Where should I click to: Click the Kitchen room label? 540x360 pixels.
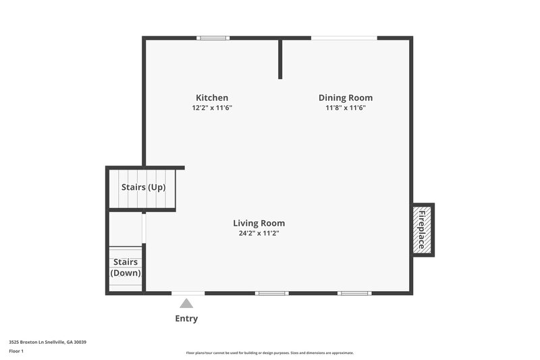212,97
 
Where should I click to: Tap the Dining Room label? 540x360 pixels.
346,97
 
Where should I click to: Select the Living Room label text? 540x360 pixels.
259,223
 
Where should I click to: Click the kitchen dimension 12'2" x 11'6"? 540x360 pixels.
212,107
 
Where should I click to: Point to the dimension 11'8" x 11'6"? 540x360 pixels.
346,107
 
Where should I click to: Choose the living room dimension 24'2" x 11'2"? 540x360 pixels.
259,233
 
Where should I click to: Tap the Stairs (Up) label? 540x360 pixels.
143,187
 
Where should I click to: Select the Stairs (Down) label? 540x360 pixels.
126,267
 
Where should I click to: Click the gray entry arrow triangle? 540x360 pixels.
186,304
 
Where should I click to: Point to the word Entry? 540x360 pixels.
186,318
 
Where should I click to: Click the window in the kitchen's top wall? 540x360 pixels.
213,38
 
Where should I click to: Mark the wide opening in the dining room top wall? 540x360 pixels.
344,38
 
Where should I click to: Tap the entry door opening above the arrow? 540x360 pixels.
188,293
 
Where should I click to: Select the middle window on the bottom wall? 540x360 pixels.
272,293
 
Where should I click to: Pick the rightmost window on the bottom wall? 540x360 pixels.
354,293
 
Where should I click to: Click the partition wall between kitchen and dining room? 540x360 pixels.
280,59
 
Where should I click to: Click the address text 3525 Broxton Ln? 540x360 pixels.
47,342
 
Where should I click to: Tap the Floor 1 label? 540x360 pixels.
16,351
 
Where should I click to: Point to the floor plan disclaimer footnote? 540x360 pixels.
269,353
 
